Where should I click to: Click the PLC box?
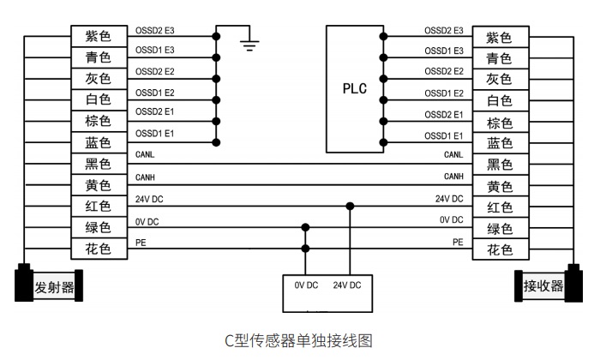coord(354,88)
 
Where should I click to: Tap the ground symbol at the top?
coord(249,43)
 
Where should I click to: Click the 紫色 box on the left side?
coord(99,37)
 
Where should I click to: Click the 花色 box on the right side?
coord(499,250)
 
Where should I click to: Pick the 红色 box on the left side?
coord(99,207)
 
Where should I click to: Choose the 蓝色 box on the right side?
coord(499,144)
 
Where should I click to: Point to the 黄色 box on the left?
coord(99,185)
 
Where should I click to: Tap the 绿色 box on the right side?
coord(499,229)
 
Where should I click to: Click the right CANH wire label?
coord(453,177)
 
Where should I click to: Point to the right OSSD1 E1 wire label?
coord(444,136)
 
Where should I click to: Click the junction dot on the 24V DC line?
coord(350,207)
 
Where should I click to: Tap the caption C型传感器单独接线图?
coord(298,340)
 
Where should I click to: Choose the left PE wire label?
coord(141,243)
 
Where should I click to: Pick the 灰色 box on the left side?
coord(99,79)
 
